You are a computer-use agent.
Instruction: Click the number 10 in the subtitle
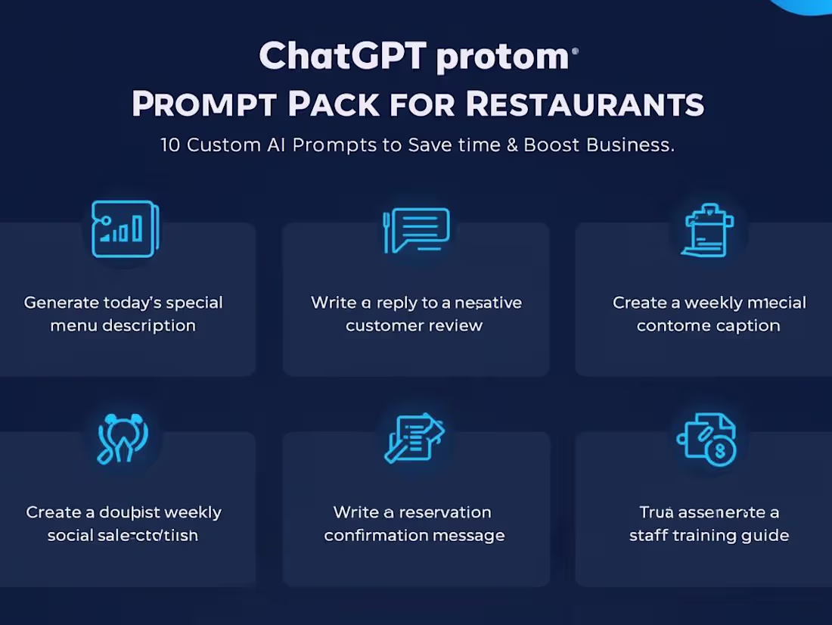(x=170, y=145)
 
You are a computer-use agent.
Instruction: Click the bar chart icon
(x=125, y=229)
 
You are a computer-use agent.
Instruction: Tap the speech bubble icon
(x=417, y=229)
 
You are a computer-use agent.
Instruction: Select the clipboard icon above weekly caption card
(x=708, y=229)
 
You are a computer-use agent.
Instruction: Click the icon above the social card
(x=123, y=438)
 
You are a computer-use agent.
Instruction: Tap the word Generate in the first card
(x=61, y=303)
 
